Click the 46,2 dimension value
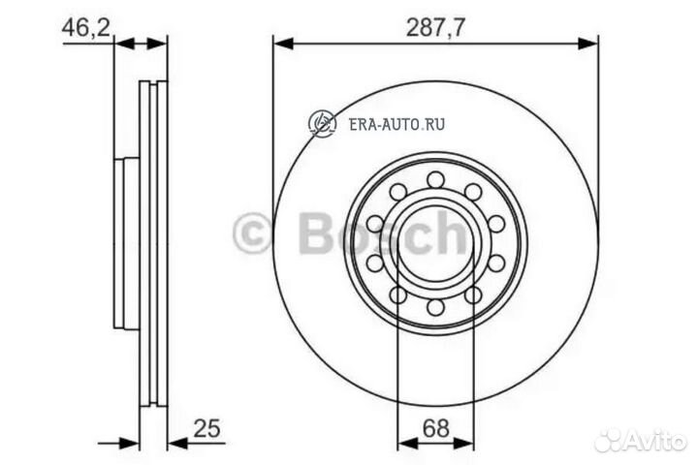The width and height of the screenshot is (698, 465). tap(85, 26)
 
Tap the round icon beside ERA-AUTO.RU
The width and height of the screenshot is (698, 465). tap(321, 123)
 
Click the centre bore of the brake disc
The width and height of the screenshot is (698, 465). tap(435, 243)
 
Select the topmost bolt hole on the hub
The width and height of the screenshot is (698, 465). tap(435, 179)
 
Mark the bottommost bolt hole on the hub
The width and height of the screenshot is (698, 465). tap(435, 307)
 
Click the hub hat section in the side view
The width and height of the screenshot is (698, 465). tap(120, 242)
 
